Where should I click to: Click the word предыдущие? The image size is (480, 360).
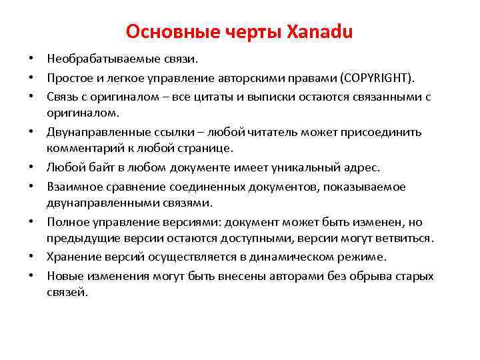click(x=80, y=238)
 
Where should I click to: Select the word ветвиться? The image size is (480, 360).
click(x=402, y=238)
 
